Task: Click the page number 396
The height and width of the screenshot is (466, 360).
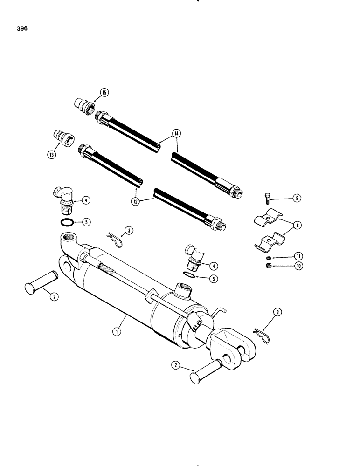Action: click(21, 28)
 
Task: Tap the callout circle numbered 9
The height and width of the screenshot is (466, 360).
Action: click(296, 199)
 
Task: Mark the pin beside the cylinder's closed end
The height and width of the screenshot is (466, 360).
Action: click(42, 285)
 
